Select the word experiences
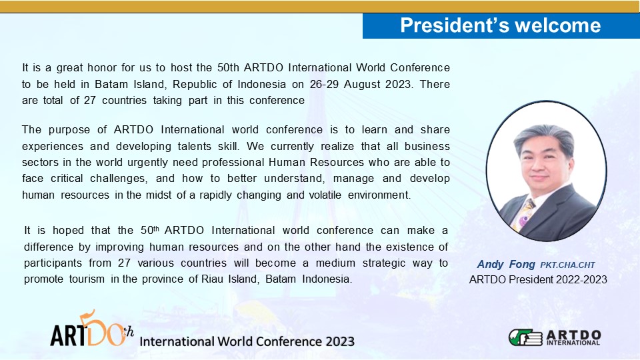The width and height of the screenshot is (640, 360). pyautogui.click(x=51, y=147)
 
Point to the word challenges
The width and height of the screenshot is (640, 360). pyautogui.click(x=118, y=179)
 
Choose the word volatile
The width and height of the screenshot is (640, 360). pyautogui.click(x=325, y=195)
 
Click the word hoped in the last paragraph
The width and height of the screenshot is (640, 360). pyautogui.click(x=68, y=231)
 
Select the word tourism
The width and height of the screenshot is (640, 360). pyautogui.click(x=87, y=279)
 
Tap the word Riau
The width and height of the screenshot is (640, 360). pyautogui.click(x=211, y=279)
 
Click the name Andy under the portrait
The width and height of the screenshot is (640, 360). pyautogui.click(x=490, y=265)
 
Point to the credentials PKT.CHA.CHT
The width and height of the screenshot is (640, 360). pyautogui.click(x=567, y=265)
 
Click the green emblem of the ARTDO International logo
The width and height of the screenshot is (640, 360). pyautogui.click(x=525, y=337)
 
